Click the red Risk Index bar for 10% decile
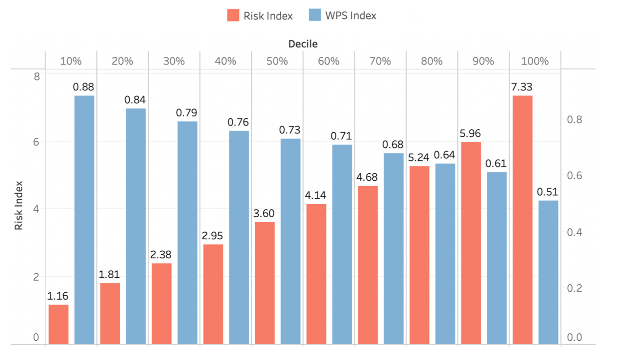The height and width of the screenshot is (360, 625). (59, 324)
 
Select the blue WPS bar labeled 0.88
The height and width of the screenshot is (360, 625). (84, 220)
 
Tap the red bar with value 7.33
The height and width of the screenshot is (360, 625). (523, 220)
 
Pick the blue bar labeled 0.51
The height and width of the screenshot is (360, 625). (548, 272)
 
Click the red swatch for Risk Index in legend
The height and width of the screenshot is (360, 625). (233, 15)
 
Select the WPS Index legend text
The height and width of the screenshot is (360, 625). (351, 15)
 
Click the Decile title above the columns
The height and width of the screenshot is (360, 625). (303, 44)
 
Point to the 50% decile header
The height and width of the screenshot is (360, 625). (277, 61)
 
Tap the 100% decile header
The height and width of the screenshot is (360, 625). (535, 61)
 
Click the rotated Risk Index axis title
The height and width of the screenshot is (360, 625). (18, 205)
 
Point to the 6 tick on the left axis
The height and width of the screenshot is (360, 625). (36, 142)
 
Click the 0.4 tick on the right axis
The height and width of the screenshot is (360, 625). (574, 232)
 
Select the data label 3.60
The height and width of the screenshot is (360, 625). (264, 213)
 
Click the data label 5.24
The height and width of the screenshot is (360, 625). (418, 158)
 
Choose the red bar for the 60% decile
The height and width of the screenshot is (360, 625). (316, 274)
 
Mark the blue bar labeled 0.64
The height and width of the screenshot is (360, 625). (445, 253)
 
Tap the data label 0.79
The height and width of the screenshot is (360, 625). (187, 113)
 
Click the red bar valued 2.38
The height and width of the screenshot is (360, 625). (162, 303)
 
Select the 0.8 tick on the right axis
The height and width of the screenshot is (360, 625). (574, 119)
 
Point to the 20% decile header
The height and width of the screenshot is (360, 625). (122, 61)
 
